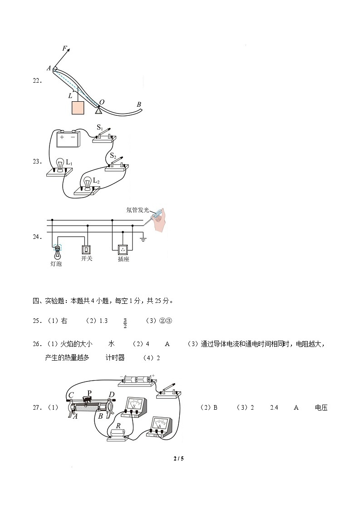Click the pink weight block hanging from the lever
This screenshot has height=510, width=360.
point(78,108)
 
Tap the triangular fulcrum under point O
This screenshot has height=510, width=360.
point(99,110)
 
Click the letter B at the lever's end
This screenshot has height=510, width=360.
point(139,104)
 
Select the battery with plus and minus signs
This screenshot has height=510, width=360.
point(68,139)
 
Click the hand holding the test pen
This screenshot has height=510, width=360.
point(160,220)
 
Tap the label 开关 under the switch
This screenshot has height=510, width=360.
point(87,258)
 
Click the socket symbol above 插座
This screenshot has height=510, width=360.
point(123,249)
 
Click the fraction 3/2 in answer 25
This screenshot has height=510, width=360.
point(124,323)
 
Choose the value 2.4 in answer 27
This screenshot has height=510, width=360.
point(274,408)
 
